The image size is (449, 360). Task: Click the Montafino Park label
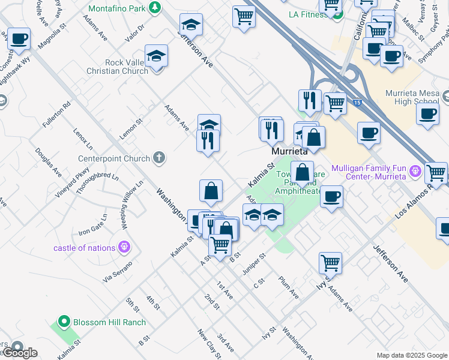pyautogui.click(x=116, y=8)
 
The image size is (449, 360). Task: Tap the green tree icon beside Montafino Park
pyautogui.click(x=155, y=7)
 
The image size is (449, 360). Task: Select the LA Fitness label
pyautogui.click(x=309, y=13)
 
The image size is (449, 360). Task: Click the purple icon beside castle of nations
pyautogui.click(x=124, y=246)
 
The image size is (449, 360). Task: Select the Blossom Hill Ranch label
pyautogui.click(x=109, y=322)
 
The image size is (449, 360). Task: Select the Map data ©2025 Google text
pyautogui.click(x=412, y=355)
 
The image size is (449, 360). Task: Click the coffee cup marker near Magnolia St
pyautogui.click(x=18, y=40)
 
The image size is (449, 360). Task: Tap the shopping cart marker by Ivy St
pyautogui.click(x=330, y=262)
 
